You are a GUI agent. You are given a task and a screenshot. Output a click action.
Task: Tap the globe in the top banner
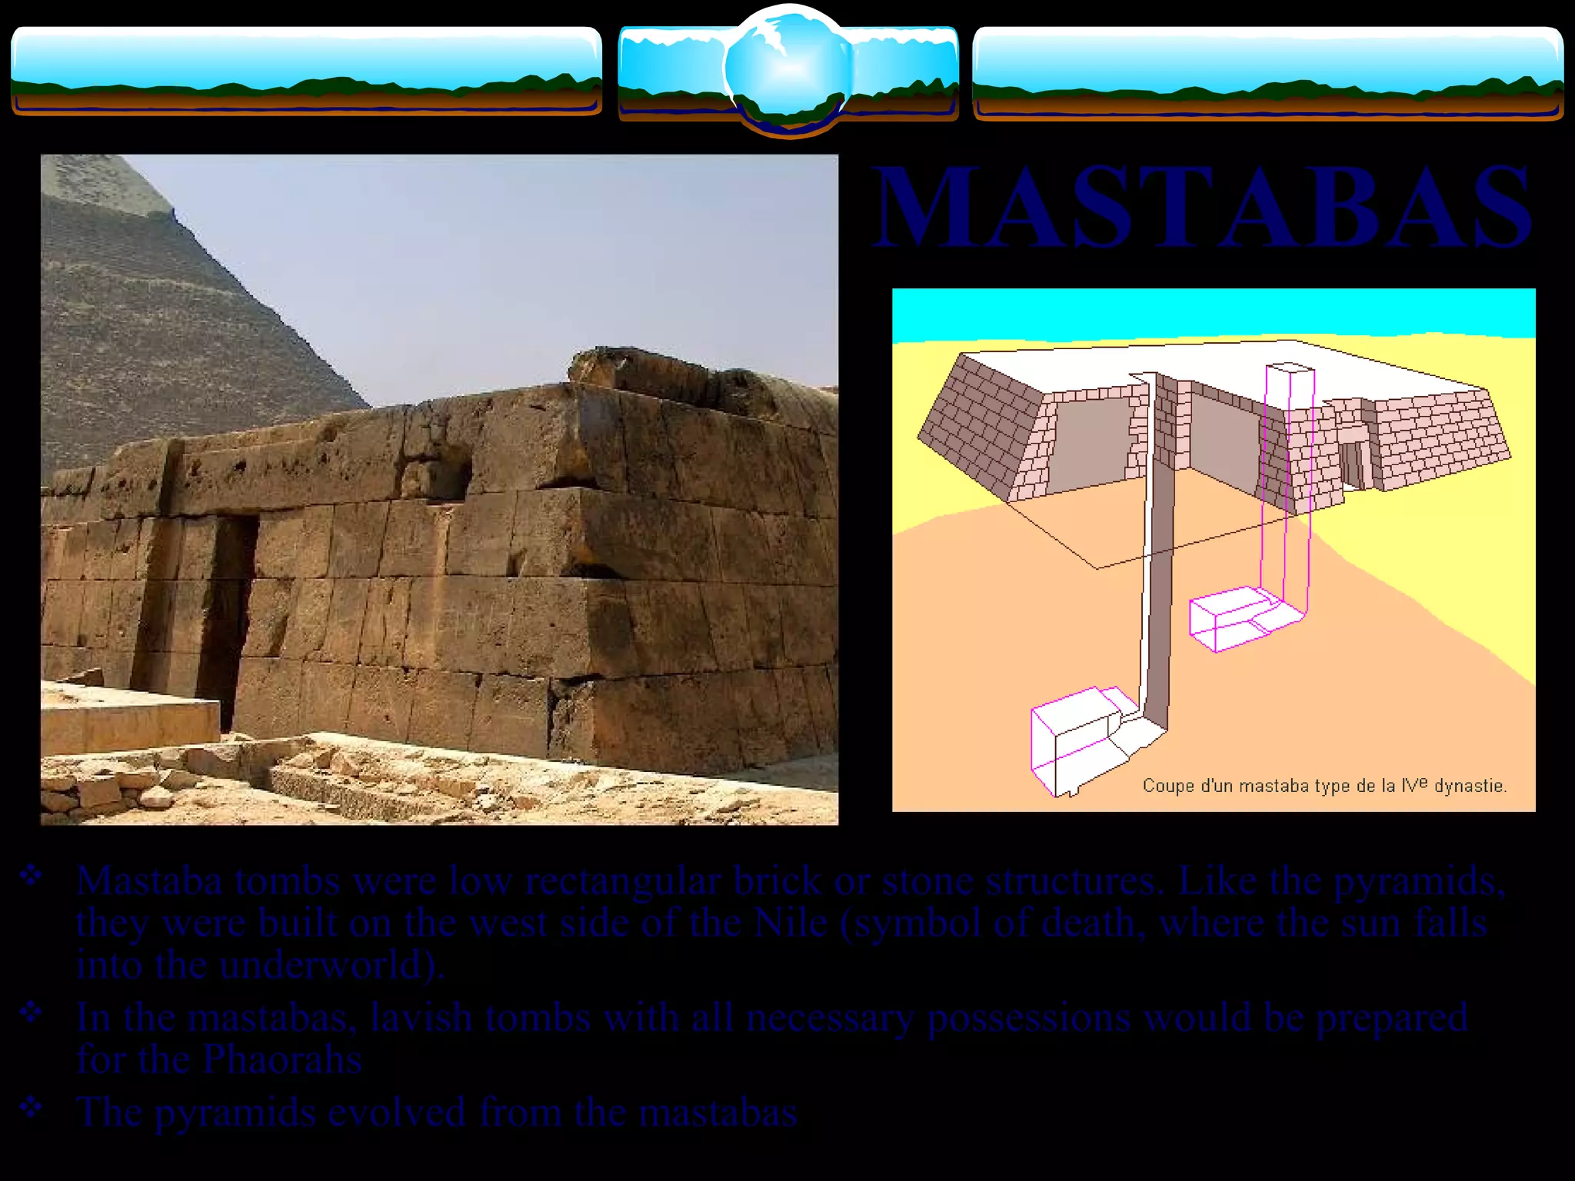(788, 69)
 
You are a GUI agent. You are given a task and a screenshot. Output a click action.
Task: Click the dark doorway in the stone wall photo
(228, 615)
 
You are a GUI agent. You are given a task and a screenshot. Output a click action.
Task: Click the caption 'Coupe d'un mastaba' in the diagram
(1323, 786)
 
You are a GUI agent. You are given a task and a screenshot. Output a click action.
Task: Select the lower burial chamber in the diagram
(1077, 738)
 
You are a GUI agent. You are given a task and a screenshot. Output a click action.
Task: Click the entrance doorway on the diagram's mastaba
(1352, 461)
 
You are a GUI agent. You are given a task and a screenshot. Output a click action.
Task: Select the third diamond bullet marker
(31, 1107)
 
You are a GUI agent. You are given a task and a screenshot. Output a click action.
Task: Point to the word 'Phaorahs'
(282, 1060)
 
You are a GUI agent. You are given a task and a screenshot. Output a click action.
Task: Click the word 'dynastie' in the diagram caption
(1469, 786)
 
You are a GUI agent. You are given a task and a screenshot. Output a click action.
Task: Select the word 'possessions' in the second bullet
(1029, 1018)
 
